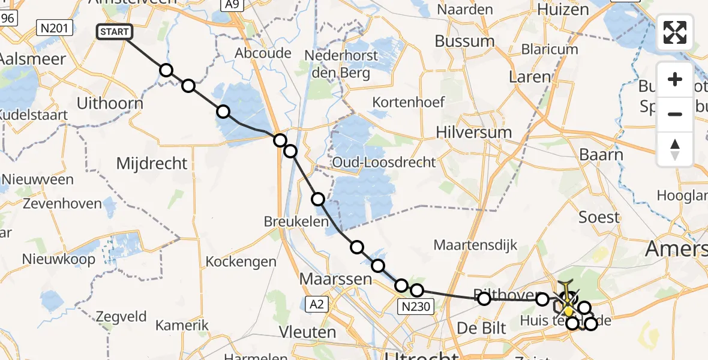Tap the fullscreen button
[675, 32]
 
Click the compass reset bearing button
[675, 149]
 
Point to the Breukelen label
[296, 221]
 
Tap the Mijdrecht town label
[152, 163]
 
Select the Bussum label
[464, 41]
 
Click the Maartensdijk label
[475, 245]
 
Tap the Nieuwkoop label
[59, 259]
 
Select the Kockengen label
[241, 262]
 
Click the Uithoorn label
[110, 104]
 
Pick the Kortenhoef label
[409, 102]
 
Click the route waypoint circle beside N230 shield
[402, 286]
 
